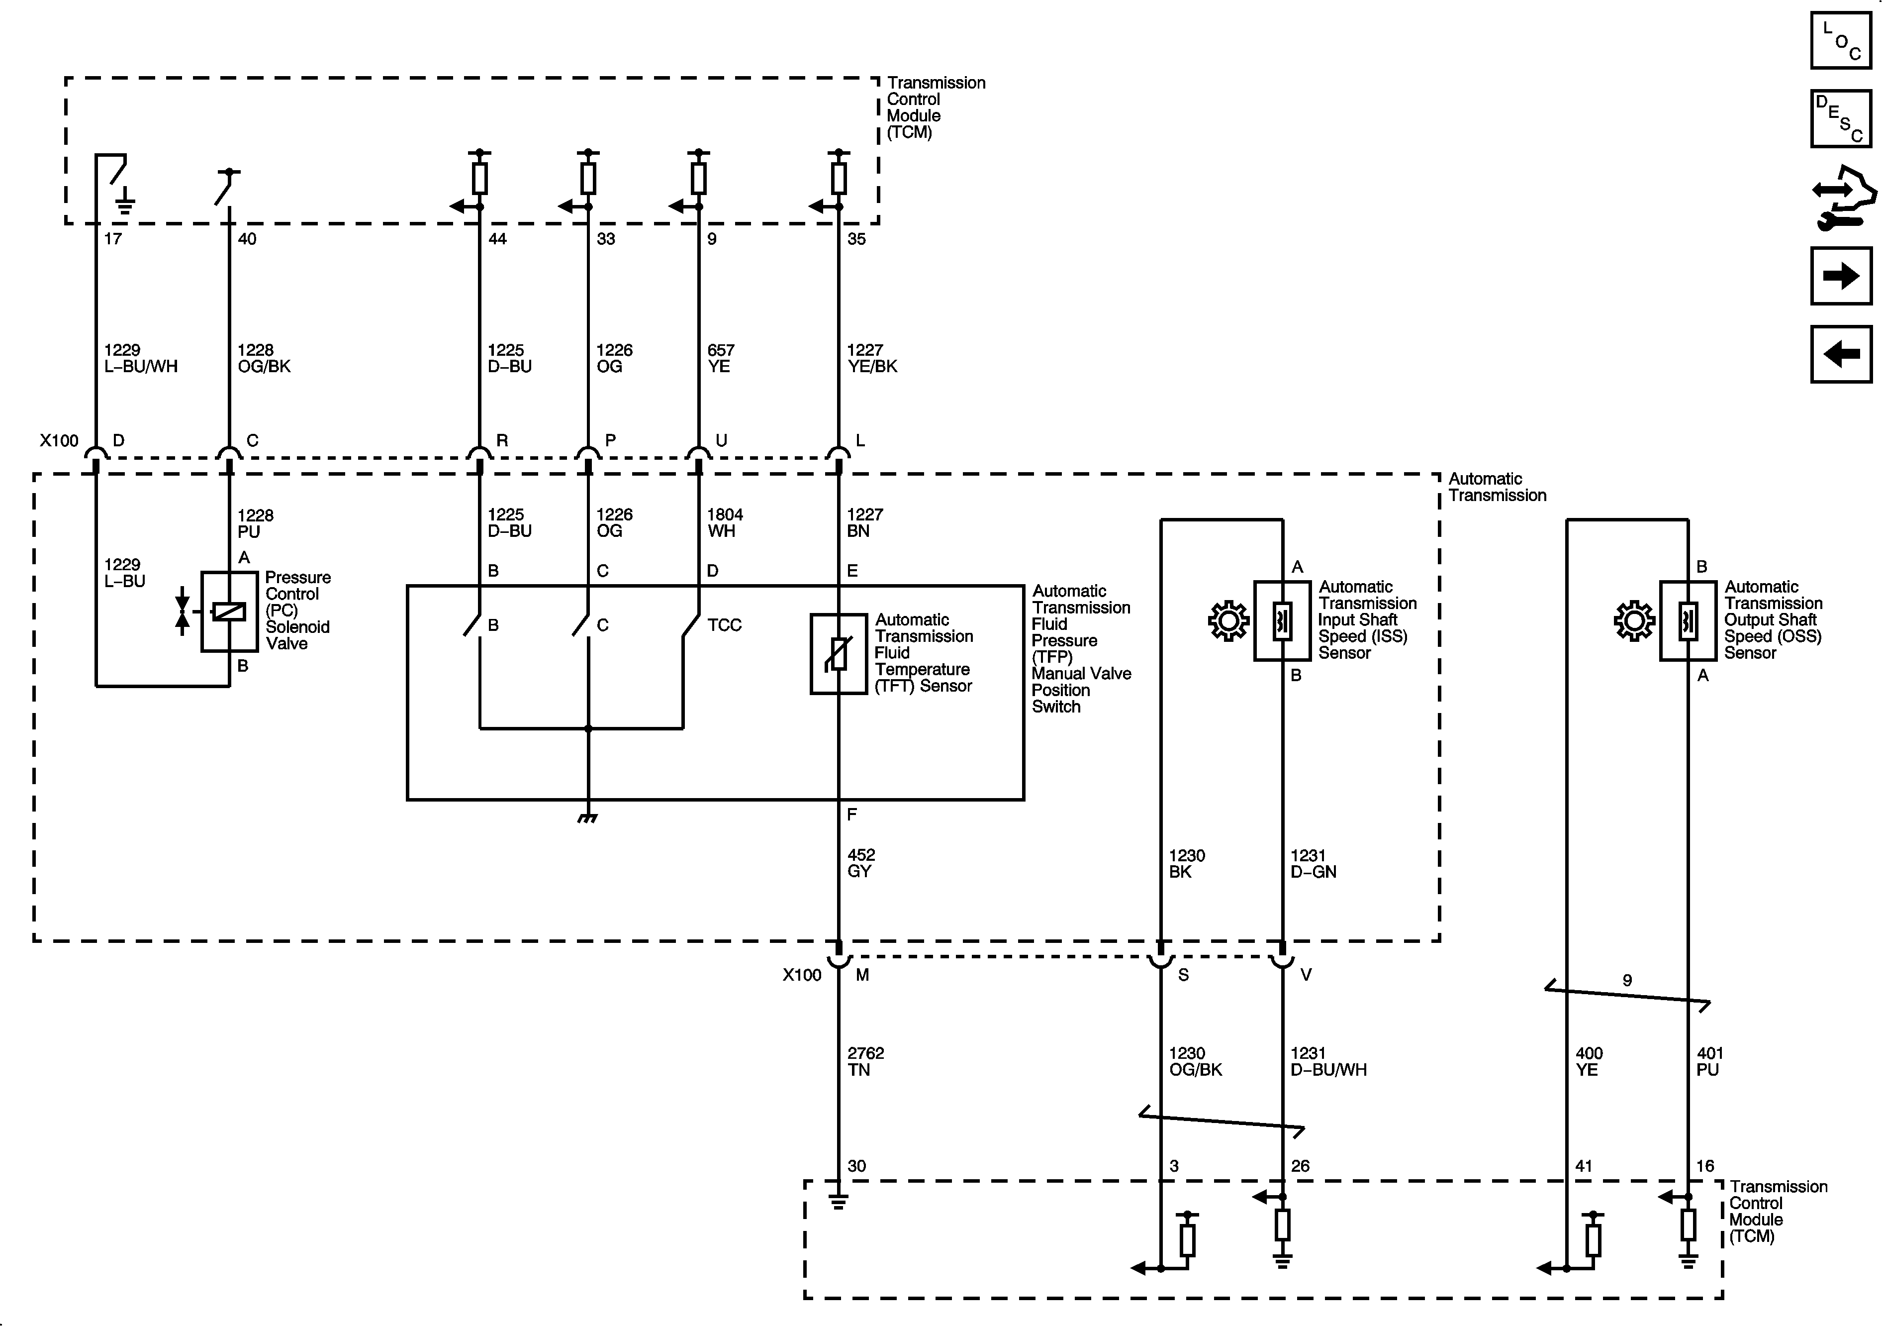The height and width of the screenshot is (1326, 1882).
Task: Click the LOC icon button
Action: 1840,40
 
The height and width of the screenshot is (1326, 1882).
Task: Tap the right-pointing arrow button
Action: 1840,276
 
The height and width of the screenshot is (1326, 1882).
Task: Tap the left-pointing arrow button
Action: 1840,354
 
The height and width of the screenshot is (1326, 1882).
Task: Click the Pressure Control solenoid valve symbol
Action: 229,612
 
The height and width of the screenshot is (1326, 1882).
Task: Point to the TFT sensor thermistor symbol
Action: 838,654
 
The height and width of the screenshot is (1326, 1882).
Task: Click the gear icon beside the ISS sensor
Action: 1228,621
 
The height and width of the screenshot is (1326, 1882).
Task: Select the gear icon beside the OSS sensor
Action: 1634,621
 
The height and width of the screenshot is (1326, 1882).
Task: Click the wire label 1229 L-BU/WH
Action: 140,358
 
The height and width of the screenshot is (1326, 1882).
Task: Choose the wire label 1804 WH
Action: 725,522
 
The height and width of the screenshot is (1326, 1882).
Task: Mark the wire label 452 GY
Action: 860,863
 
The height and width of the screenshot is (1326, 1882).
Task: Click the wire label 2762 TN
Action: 865,1061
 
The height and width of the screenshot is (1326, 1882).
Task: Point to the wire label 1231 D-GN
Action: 1313,863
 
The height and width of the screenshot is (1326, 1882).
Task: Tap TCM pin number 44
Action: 497,239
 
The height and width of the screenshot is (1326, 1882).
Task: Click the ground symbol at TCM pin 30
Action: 838,1202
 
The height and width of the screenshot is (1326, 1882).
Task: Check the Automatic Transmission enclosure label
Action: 1497,487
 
